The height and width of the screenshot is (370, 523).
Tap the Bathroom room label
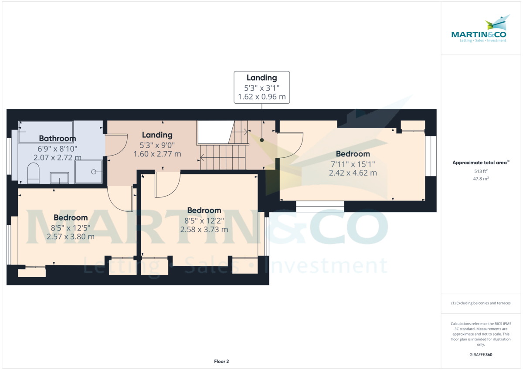(x=58, y=139)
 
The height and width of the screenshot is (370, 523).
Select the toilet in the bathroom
(x=34, y=173)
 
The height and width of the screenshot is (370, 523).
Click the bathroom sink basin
(x=59, y=178)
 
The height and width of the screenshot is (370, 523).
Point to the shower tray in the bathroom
(x=89, y=172)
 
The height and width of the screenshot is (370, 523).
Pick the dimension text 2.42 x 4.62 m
(x=353, y=173)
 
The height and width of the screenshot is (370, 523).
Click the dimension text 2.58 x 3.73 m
(x=204, y=229)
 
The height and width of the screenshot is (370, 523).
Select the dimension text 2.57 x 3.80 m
(x=71, y=237)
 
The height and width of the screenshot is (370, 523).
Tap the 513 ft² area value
(x=481, y=171)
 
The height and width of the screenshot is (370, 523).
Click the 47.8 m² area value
(x=481, y=179)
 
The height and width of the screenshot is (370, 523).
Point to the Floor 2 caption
(x=221, y=361)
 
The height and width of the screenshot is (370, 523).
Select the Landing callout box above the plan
(x=261, y=87)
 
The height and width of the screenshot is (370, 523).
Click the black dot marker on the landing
(x=262, y=140)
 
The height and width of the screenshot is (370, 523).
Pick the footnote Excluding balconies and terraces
(x=481, y=303)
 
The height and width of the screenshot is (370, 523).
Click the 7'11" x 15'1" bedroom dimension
(x=353, y=164)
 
